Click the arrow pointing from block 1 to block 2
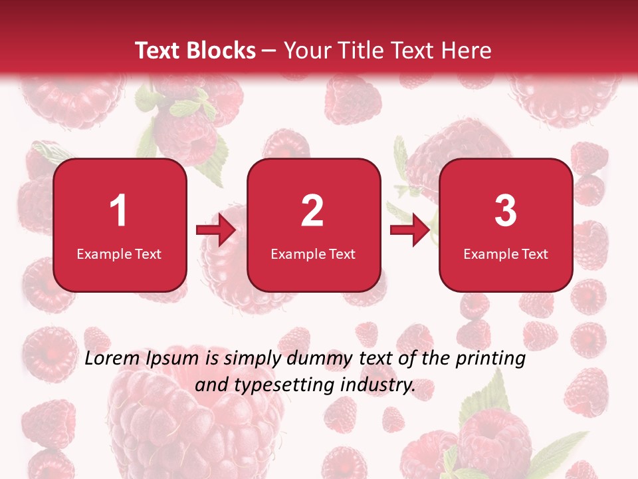tap(216, 231)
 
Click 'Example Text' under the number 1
tap(119, 253)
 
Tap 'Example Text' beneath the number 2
tap(313, 253)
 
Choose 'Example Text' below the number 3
tap(506, 253)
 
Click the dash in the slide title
tap(270, 51)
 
